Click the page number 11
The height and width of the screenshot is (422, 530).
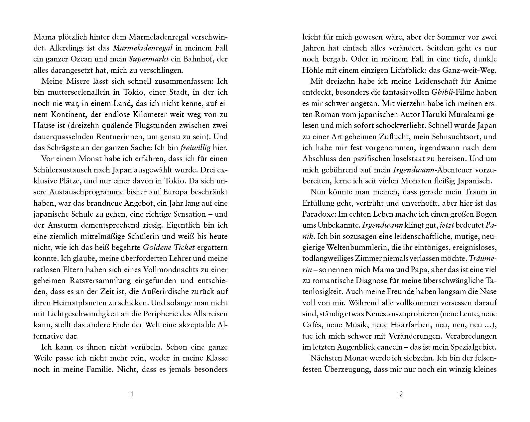(x=130, y=394)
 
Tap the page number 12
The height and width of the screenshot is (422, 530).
(x=400, y=394)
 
